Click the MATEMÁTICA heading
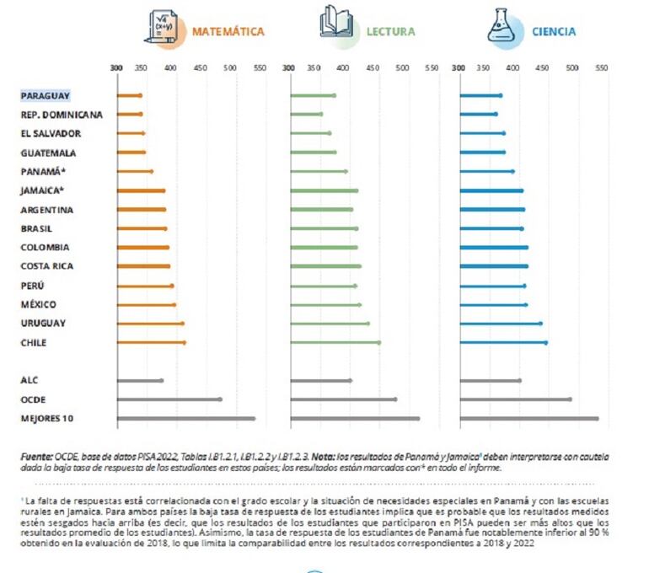click(x=228, y=31)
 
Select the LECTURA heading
click(x=390, y=31)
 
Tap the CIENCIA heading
click(x=554, y=31)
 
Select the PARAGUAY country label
click(x=46, y=95)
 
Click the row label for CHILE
click(x=34, y=342)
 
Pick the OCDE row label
click(x=34, y=399)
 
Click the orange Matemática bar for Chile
click(x=151, y=342)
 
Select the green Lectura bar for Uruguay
click(x=329, y=324)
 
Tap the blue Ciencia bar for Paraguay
click(x=480, y=95)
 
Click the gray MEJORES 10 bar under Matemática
click(x=185, y=418)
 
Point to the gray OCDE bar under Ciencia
click(x=515, y=399)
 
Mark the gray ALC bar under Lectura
click(x=320, y=380)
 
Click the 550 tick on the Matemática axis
click(x=260, y=67)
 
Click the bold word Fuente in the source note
click(x=37, y=456)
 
